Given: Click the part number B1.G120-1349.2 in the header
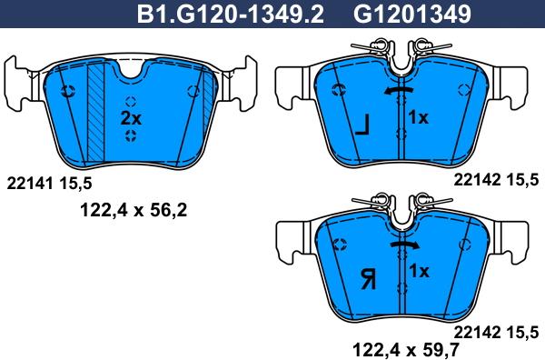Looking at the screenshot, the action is (231, 14).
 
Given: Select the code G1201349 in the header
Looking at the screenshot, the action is (412, 14).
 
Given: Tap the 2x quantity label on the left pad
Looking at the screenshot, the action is (131, 118).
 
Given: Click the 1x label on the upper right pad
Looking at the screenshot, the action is (418, 117).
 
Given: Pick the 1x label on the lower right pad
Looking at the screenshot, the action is (419, 271).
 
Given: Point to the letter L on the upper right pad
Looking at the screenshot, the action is (362, 125).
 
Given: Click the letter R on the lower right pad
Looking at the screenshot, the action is (369, 280).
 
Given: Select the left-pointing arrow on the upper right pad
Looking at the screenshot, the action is (399, 91).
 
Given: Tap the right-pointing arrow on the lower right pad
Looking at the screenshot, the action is (404, 245).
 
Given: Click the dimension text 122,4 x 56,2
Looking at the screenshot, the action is (134, 210).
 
